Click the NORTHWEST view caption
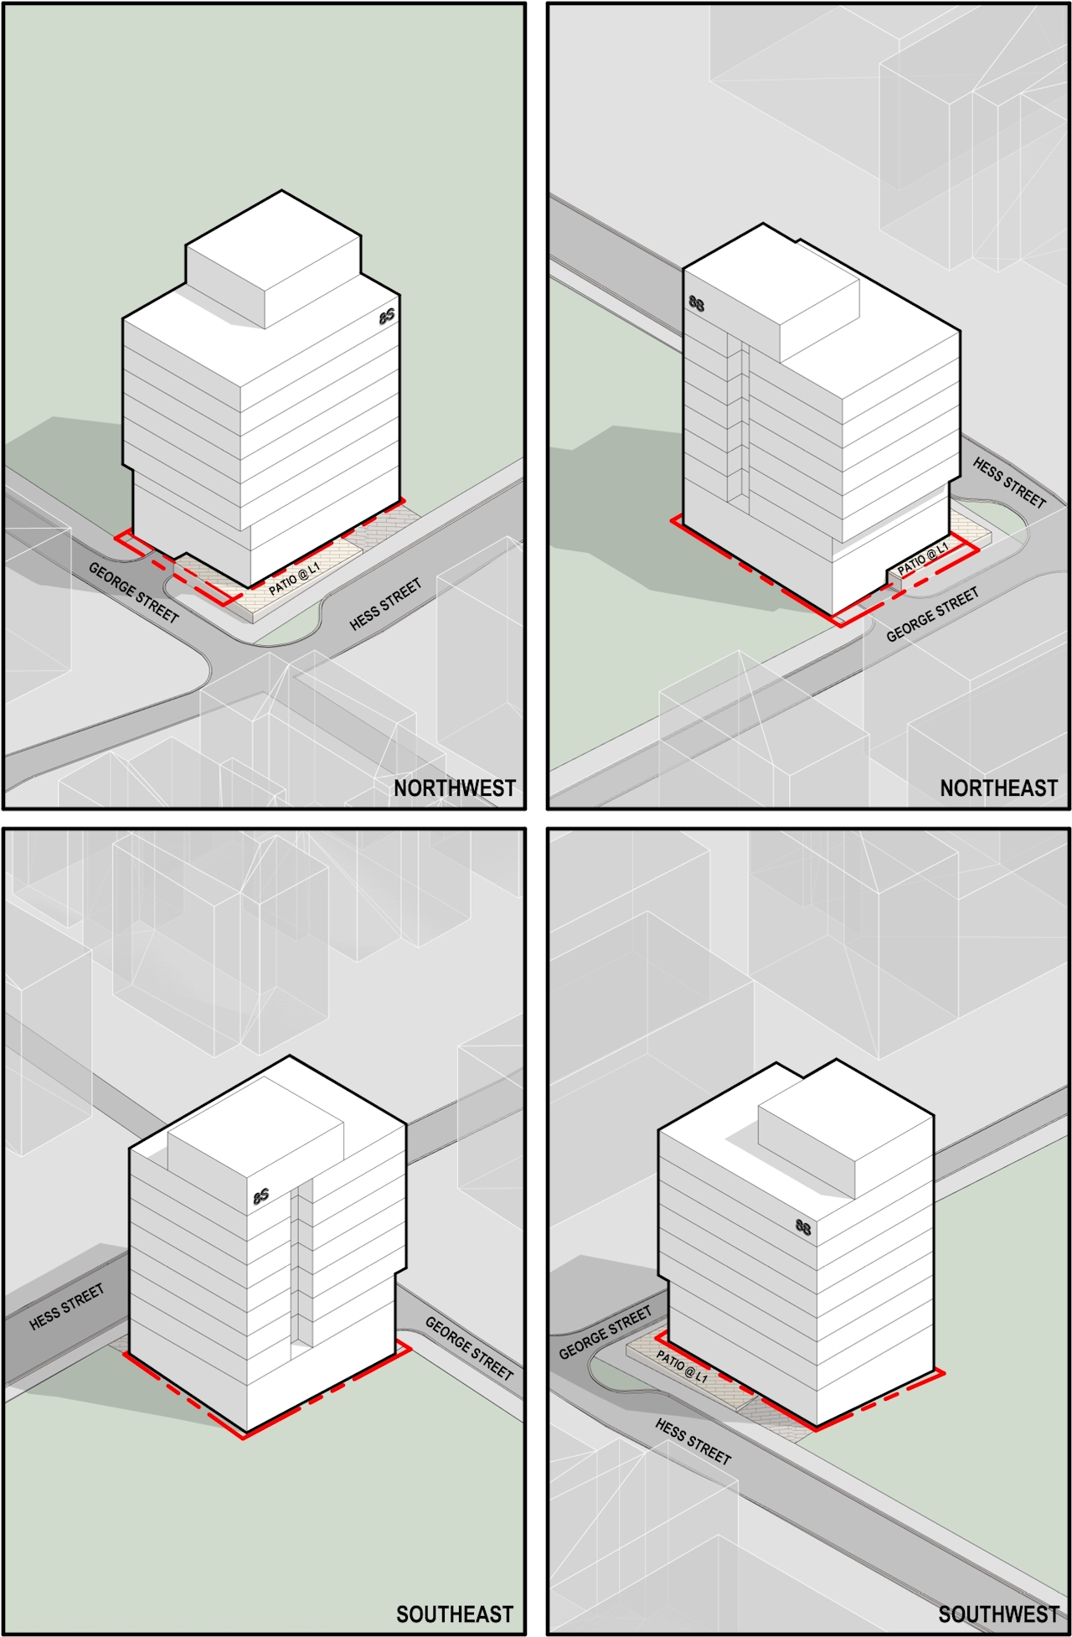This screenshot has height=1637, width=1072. (454, 788)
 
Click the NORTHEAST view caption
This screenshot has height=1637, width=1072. (998, 788)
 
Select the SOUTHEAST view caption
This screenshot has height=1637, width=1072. (454, 1614)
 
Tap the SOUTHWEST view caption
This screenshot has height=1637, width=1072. (998, 1614)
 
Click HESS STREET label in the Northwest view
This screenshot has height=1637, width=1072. (385, 604)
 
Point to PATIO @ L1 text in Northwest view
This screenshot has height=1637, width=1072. (294, 579)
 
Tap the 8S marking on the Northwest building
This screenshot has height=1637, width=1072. (386, 316)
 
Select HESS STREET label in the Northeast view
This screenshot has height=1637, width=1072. (1009, 483)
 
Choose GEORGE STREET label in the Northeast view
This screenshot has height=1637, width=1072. (932, 615)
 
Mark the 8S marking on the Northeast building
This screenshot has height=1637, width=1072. (697, 303)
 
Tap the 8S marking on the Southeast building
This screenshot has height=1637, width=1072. (261, 1195)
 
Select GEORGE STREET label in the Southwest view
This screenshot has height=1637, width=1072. (605, 1333)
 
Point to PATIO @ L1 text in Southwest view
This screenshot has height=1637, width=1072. (682, 1366)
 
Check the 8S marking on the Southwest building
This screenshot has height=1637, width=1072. (803, 1227)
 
